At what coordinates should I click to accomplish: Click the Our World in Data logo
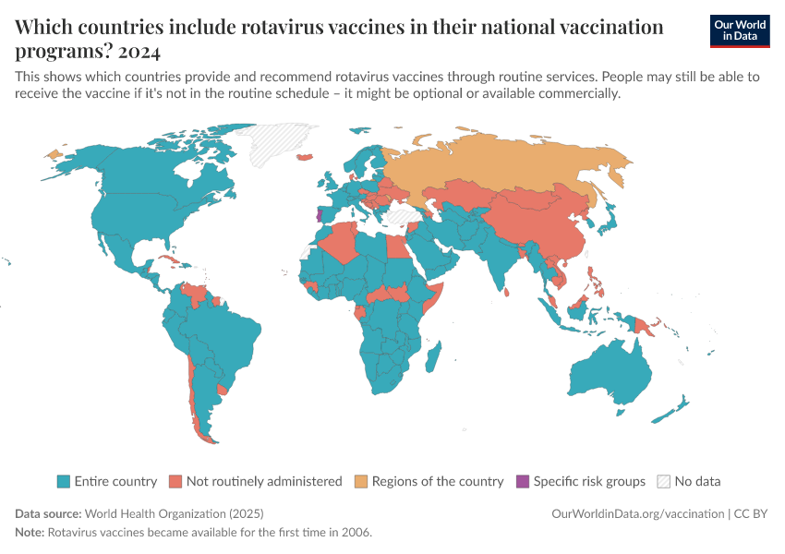739,30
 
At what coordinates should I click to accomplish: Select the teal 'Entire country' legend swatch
64,481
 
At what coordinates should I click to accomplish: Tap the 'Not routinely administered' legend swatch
175,481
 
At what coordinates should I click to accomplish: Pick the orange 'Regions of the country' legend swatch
361,481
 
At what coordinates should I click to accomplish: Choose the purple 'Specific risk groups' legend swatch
523,481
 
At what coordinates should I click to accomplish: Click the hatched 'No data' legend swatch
664,481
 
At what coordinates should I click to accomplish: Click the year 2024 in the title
138,51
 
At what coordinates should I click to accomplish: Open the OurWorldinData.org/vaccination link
636,513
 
